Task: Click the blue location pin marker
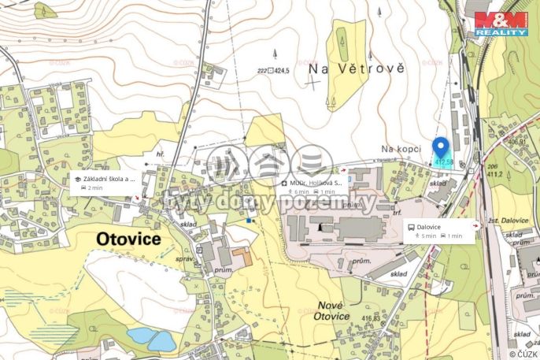point(441,147)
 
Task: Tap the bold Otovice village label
point(128,238)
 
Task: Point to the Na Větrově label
point(357,69)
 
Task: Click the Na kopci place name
point(398,148)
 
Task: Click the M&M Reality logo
point(501,24)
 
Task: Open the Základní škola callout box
point(105,183)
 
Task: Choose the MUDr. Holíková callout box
point(314,187)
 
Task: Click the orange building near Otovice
point(242,257)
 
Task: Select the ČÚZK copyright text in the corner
point(520,353)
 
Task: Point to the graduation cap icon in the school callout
point(78,179)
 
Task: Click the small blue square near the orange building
point(250,221)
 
